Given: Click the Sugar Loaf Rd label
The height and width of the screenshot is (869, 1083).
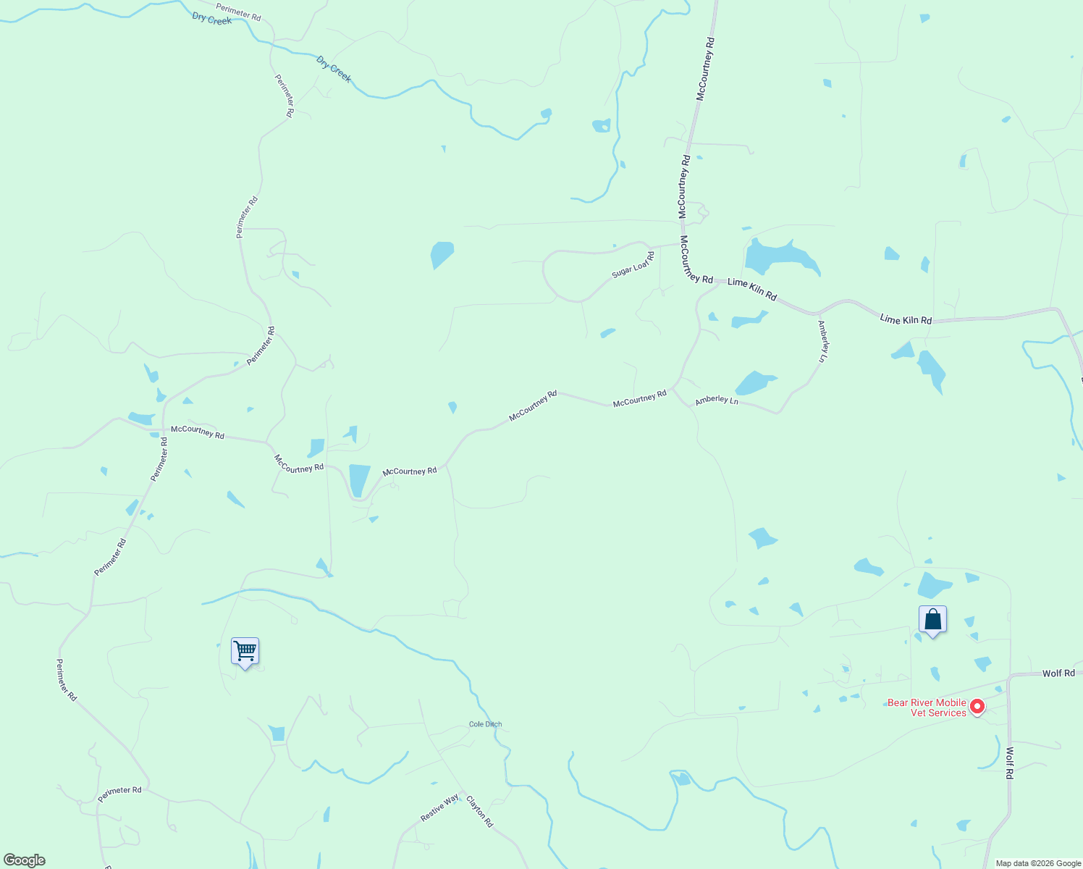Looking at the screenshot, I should (x=633, y=266).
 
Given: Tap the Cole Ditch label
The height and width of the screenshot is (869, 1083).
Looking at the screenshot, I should (x=485, y=724).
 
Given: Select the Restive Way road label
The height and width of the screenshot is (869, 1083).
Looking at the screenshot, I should (x=439, y=808).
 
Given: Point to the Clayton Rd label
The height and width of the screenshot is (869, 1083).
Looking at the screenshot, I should (x=479, y=812).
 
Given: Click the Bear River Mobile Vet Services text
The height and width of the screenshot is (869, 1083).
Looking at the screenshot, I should (x=927, y=708).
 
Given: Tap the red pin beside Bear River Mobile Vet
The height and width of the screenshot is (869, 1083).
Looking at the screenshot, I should (x=977, y=705).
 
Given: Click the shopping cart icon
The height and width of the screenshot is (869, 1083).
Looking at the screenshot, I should (x=245, y=651).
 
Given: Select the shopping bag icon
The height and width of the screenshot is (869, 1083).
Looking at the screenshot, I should (x=932, y=619).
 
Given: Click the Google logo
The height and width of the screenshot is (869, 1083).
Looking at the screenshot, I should (x=25, y=860).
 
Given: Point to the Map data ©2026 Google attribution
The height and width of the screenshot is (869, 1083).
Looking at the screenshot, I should (x=1038, y=863).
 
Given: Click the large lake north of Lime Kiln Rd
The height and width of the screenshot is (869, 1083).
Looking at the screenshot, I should (x=779, y=256).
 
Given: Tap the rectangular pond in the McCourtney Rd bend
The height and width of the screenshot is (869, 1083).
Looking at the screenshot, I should (x=359, y=480).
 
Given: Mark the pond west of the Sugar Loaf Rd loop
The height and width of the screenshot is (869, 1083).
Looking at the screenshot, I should (x=442, y=254).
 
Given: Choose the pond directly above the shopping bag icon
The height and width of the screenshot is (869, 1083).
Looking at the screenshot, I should (x=933, y=585).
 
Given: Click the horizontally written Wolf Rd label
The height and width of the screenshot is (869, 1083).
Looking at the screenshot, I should (x=1058, y=673).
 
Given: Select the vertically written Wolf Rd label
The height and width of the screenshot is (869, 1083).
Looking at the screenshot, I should (x=1009, y=763).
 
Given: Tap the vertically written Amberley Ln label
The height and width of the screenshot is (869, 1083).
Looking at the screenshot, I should (x=823, y=341).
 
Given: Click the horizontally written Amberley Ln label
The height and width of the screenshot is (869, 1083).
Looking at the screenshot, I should (x=717, y=400).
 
